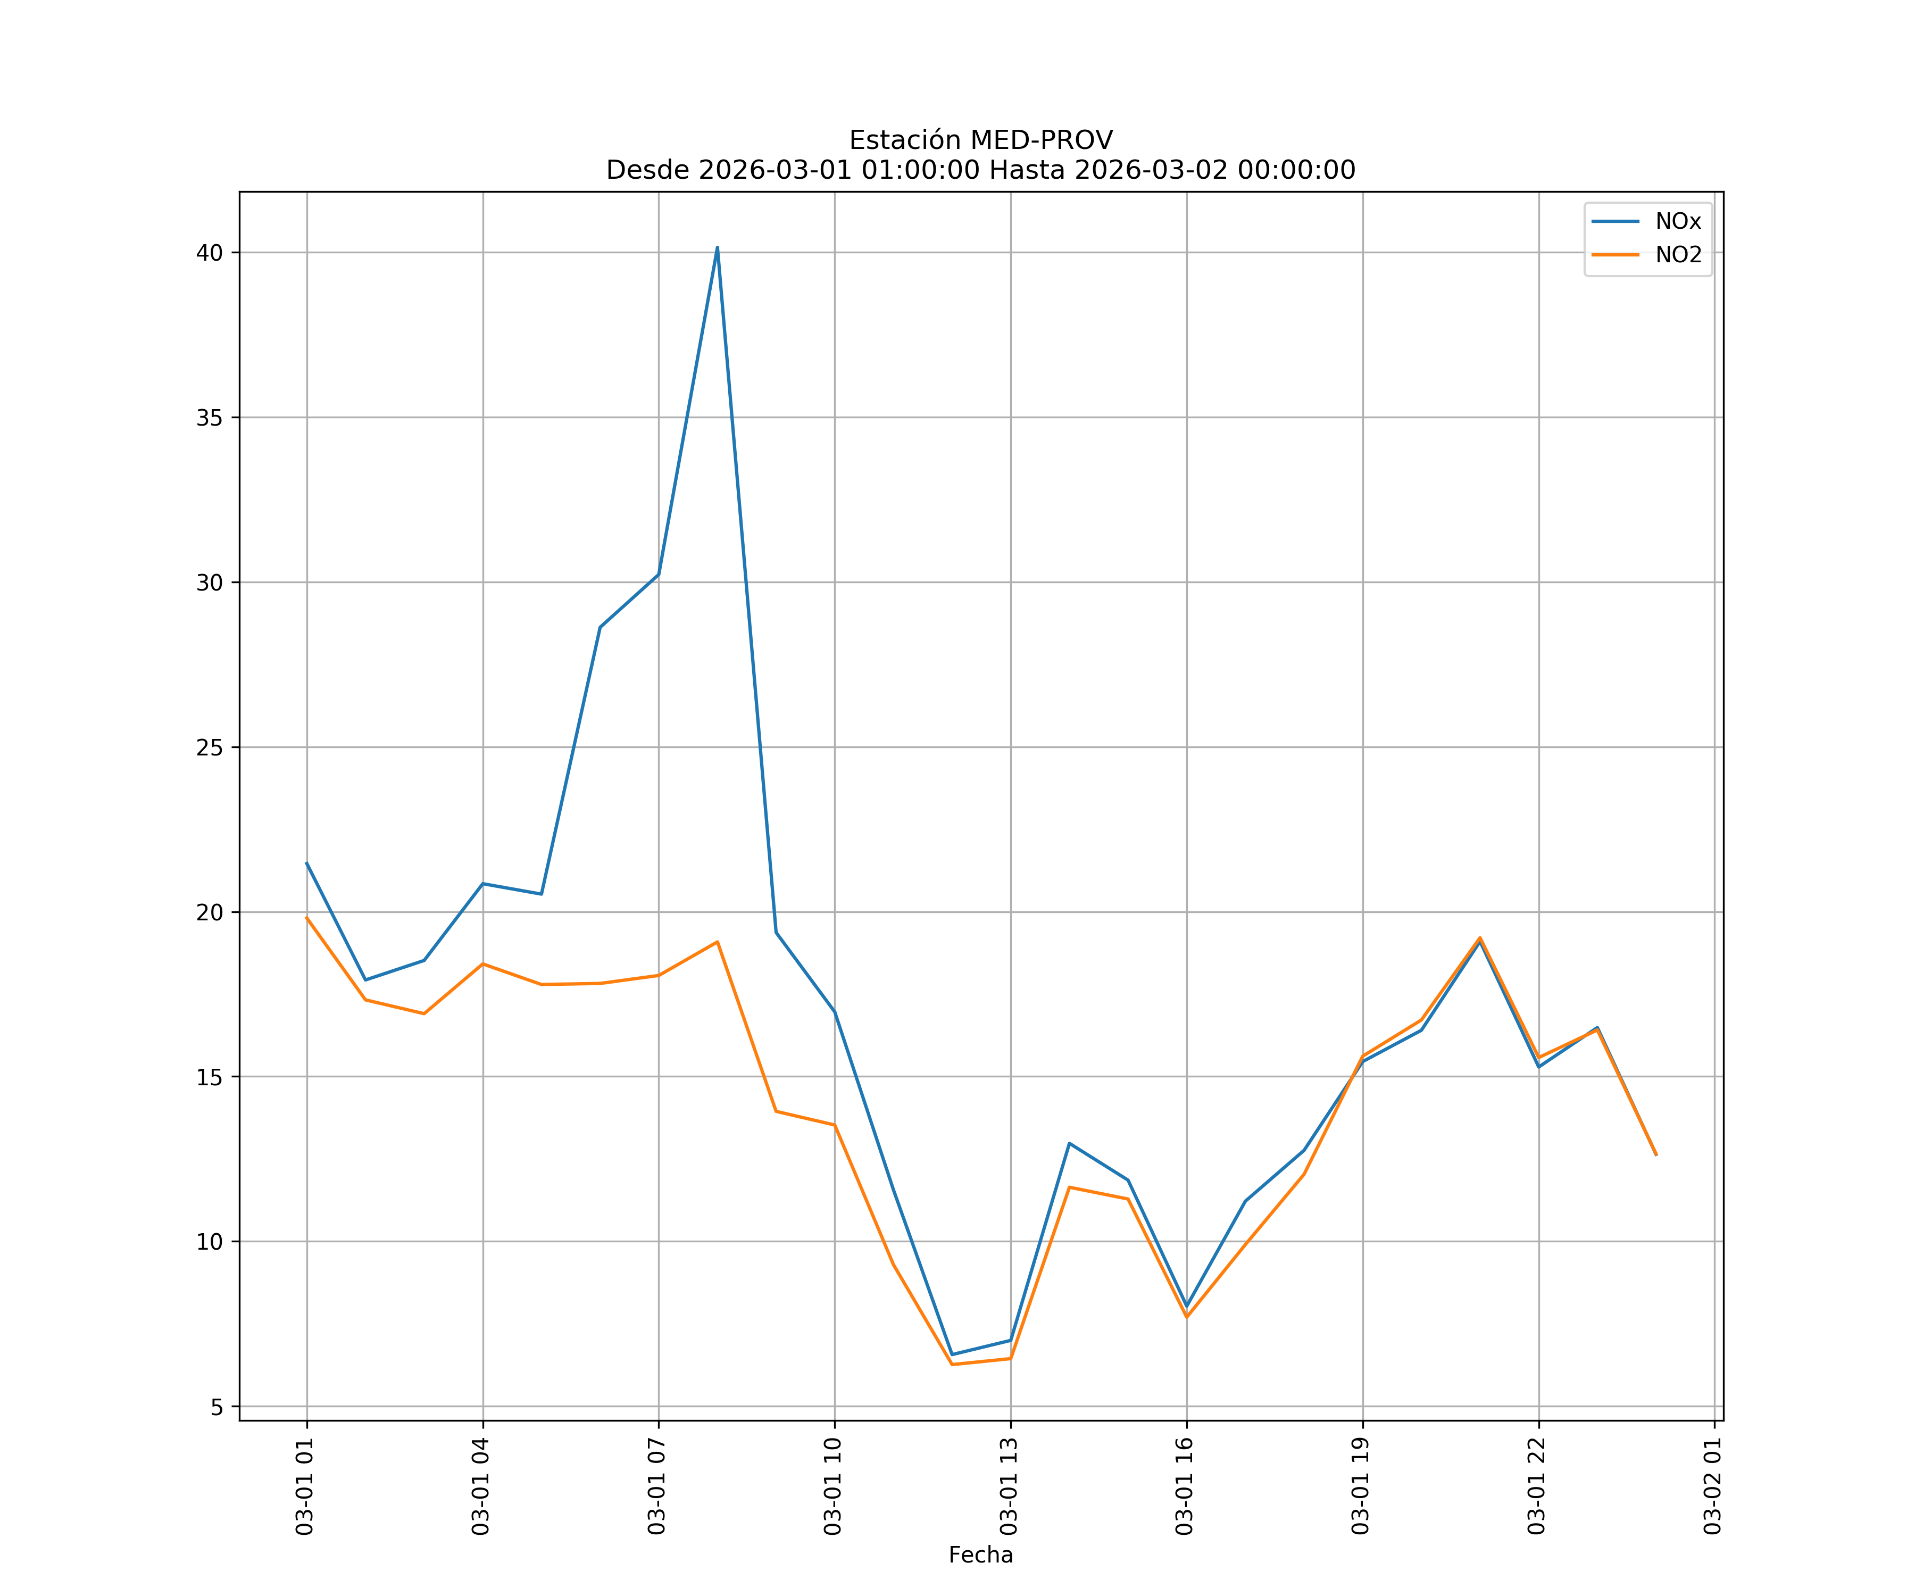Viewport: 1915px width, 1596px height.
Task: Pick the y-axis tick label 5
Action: [217, 1407]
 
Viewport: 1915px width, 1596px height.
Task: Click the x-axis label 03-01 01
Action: [305, 1486]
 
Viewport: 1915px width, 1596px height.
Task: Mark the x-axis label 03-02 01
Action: [1712, 1486]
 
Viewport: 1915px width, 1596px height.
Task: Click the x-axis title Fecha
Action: [980, 1555]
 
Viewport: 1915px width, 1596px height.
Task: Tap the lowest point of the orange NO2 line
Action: [952, 1365]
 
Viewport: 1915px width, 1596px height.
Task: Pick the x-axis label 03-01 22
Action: [1537, 1486]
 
